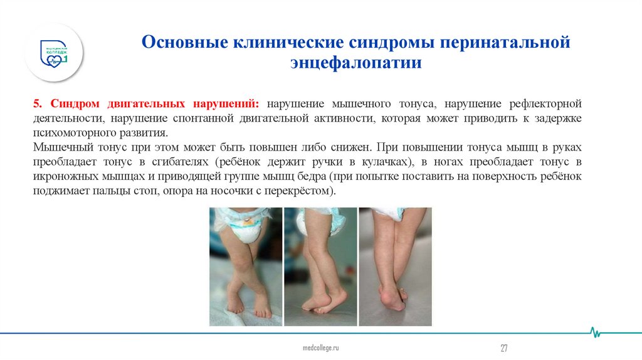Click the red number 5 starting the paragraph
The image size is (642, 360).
[x=35, y=102]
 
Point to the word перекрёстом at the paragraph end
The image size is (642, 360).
[x=303, y=192]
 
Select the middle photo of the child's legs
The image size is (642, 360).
[x=320, y=267]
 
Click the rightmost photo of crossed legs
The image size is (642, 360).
[x=394, y=267]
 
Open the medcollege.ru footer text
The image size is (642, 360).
[x=320, y=347]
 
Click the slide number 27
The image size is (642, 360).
[x=503, y=347]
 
